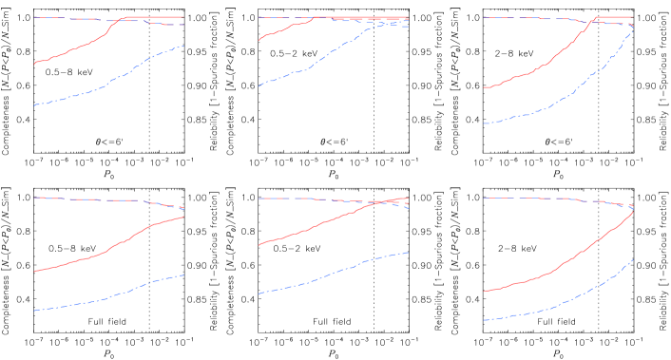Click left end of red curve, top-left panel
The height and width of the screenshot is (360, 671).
pyautogui.click(x=35, y=64)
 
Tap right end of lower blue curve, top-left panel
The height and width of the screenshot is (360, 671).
pyautogui.click(x=183, y=46)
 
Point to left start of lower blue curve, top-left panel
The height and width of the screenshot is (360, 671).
pyautogui.click(x=35, y=105)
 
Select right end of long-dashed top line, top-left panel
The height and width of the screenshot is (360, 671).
pyautogui.click(x=183, y=25)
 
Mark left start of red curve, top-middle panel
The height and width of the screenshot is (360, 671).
pyautogui.click(x=259, y=41)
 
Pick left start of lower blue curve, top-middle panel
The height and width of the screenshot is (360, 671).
pyautogui.click(x=259, y=86)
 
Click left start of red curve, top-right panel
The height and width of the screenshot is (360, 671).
pyautogui.click(x=484, y=88)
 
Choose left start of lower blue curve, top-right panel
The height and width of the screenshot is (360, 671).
pyautogui.click(x=484, y=123)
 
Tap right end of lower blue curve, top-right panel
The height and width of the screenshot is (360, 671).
pyautogui.click(x=633, y=30)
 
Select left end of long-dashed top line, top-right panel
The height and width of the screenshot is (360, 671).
pyautogui.click(x=484, y=18)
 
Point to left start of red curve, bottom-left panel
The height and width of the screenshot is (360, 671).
pyautogui.click(x=35, y=272)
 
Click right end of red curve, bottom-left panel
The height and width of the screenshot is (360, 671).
pyautogui.click(x=183, y=217)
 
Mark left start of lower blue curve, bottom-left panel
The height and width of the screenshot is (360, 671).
pyautogui.click(x=35, y=311)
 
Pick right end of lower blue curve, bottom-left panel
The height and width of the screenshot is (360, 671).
pyautogui.click(x=183, y=275)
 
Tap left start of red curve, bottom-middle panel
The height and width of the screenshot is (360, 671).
pyautogui.click(x=259, y=246)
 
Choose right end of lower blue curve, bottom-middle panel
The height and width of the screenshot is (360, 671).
pyautogui.click(x=409, y=253)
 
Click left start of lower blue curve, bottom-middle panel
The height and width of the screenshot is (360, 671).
pyautogui.click(x=259, y=294)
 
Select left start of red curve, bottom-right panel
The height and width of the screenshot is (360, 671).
pyautogui.click(x=484, y=292)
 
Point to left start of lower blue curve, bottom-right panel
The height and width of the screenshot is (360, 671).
pyautogui.click(x=484, y=320)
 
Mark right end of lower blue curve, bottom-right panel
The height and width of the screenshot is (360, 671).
pyautogui.click(x=633, y=259)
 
